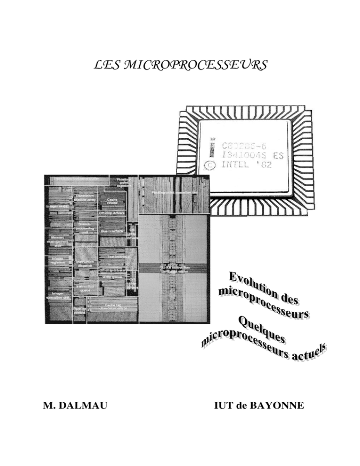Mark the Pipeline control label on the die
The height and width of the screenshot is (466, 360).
[x=79, y=311]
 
